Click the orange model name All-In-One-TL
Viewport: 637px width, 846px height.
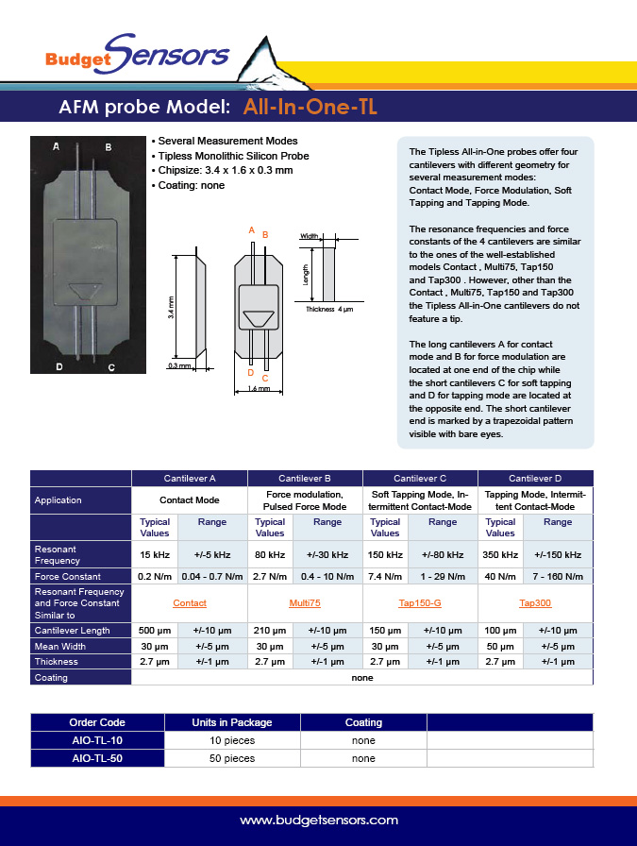tap(310, 107)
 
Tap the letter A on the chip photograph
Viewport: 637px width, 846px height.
tap(57, 147)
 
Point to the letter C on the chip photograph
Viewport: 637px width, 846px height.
tap(110, 367)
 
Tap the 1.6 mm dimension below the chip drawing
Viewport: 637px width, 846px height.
tap(253, 388)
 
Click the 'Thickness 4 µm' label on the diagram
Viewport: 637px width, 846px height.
tap(328, 309)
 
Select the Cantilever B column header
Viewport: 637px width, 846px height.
tap(305, 479)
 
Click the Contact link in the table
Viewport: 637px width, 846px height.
tap(190, 602)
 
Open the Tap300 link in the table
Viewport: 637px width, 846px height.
tap(535, 602)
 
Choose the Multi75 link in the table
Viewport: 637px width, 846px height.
tap(305, 602)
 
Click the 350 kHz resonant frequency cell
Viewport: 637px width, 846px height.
tap(500, 554)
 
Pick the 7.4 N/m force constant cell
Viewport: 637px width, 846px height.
tap(385, 576)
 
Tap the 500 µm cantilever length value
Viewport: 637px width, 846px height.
tap(155, 630)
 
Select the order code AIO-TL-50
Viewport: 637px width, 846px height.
tap(97, 758)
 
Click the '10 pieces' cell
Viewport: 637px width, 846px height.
tap(231, 740)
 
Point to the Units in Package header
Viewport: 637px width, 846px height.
tap(231, 722)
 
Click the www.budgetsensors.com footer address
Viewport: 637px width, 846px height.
tap(318, 821)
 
